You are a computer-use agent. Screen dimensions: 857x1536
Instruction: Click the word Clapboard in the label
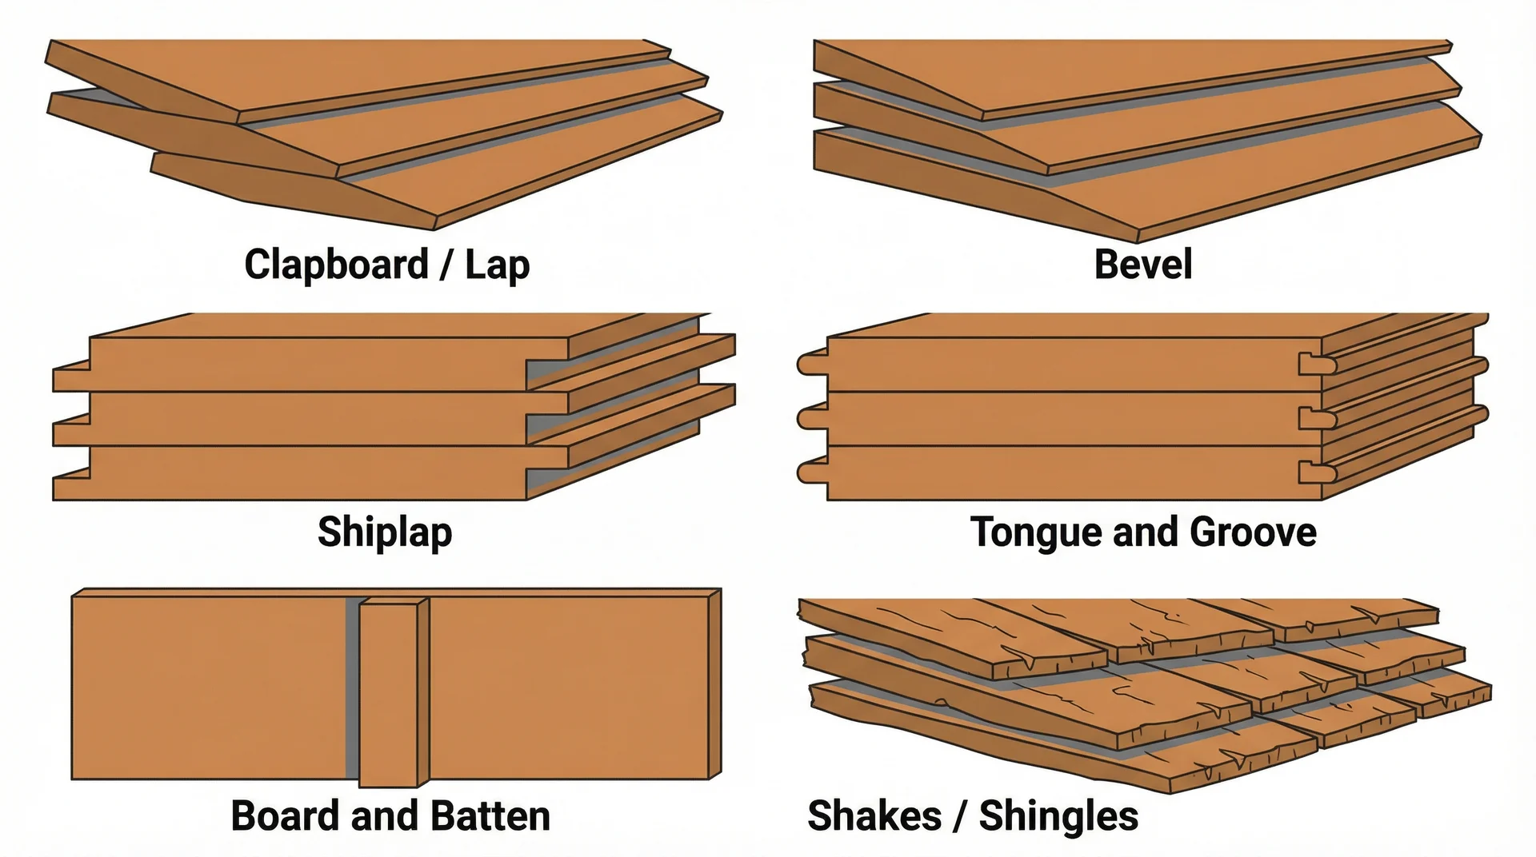coord(336,265)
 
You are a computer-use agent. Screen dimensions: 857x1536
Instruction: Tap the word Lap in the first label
coord(498,265)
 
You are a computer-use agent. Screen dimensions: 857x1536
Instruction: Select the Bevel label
coord(1142,265)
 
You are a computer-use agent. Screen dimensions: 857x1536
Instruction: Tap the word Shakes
coord(874,816)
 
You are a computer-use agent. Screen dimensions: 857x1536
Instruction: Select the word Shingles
coord(1058,816)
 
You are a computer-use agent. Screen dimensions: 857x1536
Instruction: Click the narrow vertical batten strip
coord(389,694)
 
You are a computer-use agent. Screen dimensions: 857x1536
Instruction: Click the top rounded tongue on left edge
coord(811,365)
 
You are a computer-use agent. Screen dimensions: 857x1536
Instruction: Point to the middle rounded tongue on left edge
coord(811,418)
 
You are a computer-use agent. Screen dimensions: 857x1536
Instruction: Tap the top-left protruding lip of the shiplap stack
coord(70,378)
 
